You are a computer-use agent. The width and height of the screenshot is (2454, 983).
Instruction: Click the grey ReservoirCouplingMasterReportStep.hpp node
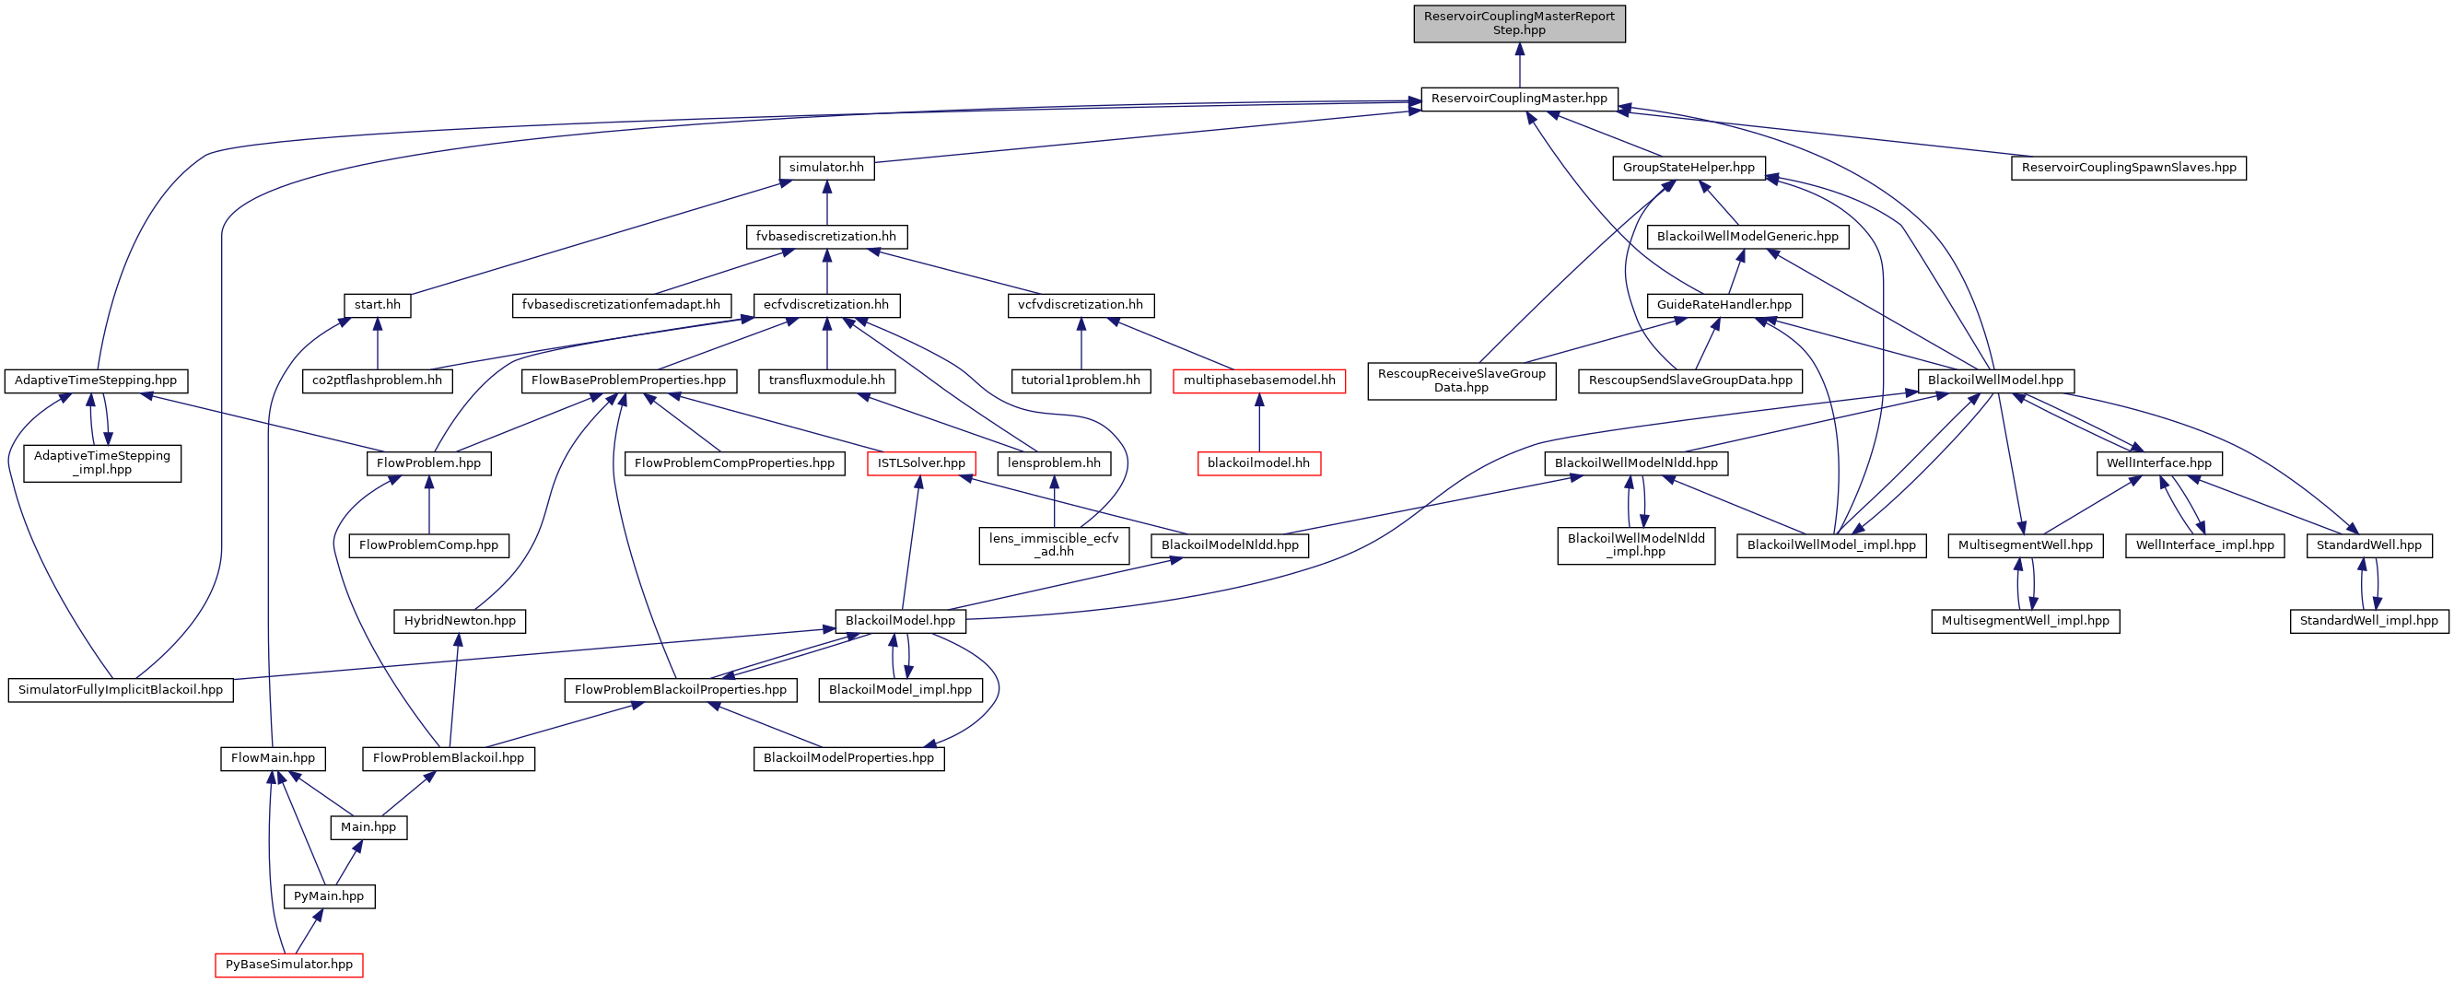(x=1518, y=23)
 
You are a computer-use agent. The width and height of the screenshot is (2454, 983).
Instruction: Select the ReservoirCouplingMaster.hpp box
(x=1518, y=98)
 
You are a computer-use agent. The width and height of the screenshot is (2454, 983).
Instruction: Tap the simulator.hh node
(x=826, y=168)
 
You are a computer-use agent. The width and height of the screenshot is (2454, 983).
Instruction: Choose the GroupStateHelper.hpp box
(x=1689, y=168)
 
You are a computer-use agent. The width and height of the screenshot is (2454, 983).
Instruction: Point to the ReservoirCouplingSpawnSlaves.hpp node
(x=2128, y=168)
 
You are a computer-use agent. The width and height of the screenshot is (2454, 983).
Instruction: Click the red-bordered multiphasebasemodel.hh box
(x=1258, y=380)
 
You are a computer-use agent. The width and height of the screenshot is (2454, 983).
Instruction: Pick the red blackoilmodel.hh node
(x=1258, y=462)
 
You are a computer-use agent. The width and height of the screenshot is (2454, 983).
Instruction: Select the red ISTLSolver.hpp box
(x=921, y=462)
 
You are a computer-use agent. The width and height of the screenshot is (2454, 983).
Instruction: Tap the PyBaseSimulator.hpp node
(x=288, y=964)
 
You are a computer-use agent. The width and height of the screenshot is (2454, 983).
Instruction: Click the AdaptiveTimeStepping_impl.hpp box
(x=102, y=462)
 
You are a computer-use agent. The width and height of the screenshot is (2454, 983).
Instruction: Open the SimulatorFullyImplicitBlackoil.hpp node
(x=120, y=690)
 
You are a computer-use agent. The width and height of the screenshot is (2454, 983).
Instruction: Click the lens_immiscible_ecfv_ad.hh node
(x=1054, y=544)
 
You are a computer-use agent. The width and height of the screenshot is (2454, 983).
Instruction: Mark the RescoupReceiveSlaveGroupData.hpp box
(x=1461, y=380)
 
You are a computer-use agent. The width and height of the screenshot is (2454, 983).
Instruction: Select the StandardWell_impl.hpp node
(x=2368, y=620)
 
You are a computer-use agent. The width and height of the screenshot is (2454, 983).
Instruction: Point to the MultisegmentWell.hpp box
(x=2025, y=544)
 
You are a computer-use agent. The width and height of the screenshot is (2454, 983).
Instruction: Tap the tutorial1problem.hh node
(x=1081, y=380)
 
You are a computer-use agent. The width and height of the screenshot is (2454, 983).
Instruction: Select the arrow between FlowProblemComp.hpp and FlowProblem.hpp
(x=428, y=505)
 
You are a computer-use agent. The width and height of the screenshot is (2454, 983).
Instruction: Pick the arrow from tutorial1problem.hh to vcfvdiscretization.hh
(x=1081, y=343)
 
